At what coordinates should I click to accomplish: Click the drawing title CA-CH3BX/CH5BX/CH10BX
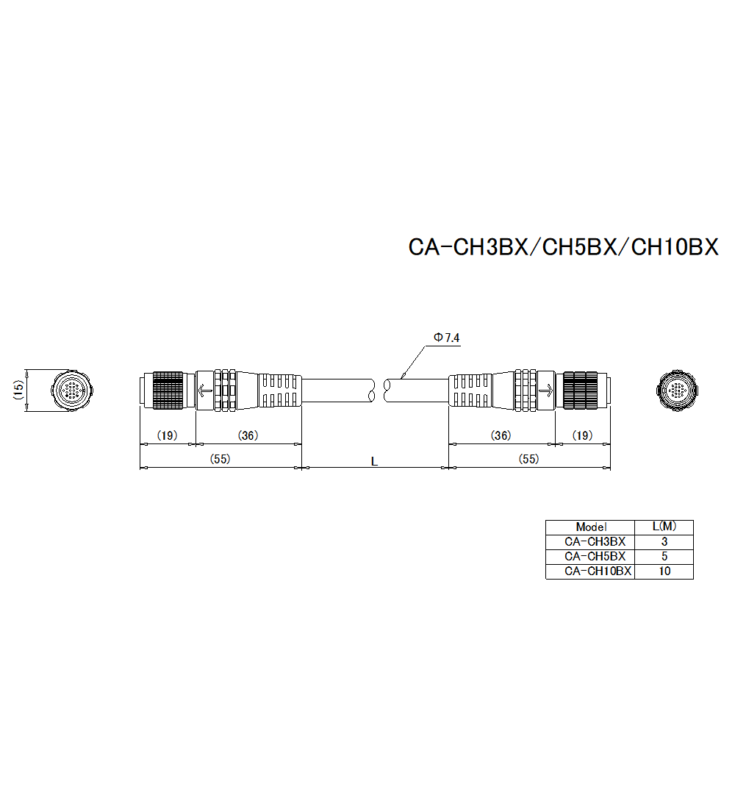pyautogui.click(x=563, y=247)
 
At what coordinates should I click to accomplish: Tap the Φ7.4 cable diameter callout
pyautogui.click(x=446, y=338)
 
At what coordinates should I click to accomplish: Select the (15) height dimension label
pyautogui.click(x=18, y=390)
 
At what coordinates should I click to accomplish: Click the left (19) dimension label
pyautogui.click(x=168, y=435)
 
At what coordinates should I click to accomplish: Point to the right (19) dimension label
pyautogui.click(x=582, y=435)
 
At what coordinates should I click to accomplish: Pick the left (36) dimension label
pyautogui.click(x=248, y=435)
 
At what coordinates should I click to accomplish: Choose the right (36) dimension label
pyautogui.click(x=501, y=435)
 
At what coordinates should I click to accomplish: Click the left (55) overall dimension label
pyautogui.click(x=220, y=459)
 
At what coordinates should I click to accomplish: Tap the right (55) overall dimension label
pyautogui.click(x=528, y=459)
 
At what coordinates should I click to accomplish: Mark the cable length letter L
pyautogui.click(x=374, y=461)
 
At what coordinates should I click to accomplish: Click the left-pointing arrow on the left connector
pyautogui.click(x=205, y=391)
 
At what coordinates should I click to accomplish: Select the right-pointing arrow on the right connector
pyautogui.click(x=545, y=391)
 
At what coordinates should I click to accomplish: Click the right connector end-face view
pyautogui.click(x=677, y=389)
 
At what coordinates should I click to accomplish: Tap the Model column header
pyautogui.click(x=591, y=527)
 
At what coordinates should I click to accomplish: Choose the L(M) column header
pyautogui.click(x=664, y=527)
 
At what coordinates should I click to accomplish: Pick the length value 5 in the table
pyautogui.click(x=664, y=556)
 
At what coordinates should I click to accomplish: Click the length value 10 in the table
pyautogui.click(x=664, y=571)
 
